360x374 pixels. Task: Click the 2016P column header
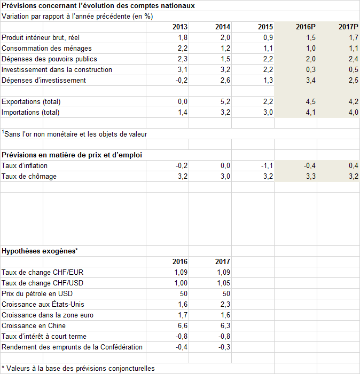pyautogui.click(x=306, y=27)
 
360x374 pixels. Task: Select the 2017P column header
pyautogui.click(x=348, y=27)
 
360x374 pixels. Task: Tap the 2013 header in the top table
pyautogui.click(x=180, y=27)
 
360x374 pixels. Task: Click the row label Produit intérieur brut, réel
pyautogui.click(x=41, y=38)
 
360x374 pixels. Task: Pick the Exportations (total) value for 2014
pyautogui.click(x=225, y=102)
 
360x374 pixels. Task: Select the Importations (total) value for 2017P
pyautogui.click(x=353, y=113)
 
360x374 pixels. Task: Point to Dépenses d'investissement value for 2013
pyautogui.click(x=182, y=81)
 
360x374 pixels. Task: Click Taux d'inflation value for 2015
pyautogui.click(x=267, y=166)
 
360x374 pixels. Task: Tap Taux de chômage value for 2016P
pyautogui.click(x=310, y=177)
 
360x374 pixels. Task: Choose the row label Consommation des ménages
pyautogui.click(x=46, y=49)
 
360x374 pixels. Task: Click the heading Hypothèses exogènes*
pyautogui.click(x=40, y=251)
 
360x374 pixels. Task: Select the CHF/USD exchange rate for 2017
pyautogui.click(x=223, y=283)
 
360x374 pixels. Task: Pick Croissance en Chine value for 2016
pyautogui.click(x=183, y=326)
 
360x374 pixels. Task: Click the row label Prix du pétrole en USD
pyautogui.click(x=37, y=294)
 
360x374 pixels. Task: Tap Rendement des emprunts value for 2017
pyautogui.click(x=224, y=347)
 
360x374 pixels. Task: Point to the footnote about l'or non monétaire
pyautogui.click(x=74, y=134)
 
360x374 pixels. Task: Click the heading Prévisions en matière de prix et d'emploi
pyautogui.click(x=72, y=155)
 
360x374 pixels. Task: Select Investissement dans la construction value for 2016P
pyautogui.click(x=310, y=70)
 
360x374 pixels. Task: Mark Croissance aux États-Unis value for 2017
pyautogui.click(x=225, y=305)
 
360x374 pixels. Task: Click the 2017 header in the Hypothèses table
pyautogui.click(x=223, y=261)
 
